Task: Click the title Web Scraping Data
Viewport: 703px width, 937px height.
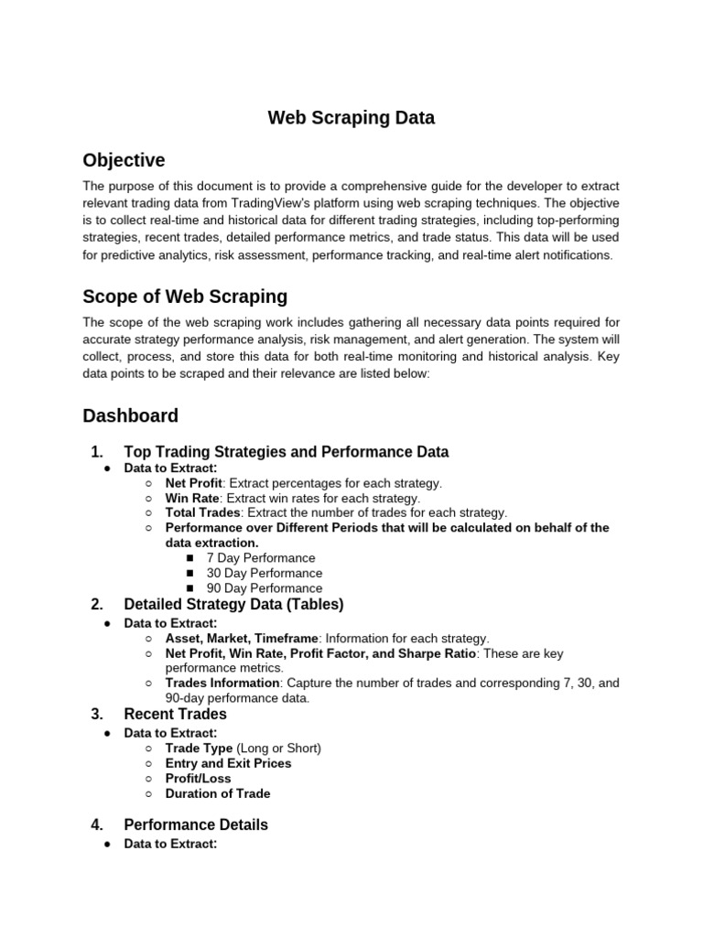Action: click(351, 118)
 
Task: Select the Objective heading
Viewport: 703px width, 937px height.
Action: click(124, 161)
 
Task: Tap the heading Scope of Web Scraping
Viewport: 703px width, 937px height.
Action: click(185, 296)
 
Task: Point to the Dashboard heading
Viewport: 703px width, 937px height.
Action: click(130, 416)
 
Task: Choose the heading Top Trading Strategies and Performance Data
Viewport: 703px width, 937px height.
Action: click(286, 452)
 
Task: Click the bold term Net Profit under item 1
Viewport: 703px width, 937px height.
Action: click(193, 483)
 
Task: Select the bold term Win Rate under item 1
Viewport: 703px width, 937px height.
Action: click(192, 498)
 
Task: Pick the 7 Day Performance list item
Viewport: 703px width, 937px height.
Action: click(260, 558)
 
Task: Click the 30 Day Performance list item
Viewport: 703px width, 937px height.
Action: click(264, 573)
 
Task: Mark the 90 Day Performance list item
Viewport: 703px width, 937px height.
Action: click(264, 588)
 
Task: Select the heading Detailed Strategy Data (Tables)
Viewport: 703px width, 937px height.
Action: click(233, 604)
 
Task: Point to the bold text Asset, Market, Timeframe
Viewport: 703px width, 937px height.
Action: click(242, 639)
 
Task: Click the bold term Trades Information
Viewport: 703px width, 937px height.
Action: click(222, 683)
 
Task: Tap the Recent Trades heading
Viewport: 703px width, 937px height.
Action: click(175, 714)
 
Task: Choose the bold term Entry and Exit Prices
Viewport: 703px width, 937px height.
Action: click(228, 763)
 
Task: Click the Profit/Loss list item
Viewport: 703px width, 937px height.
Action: click(198, 779)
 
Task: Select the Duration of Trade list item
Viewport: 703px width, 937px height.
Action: click(218, 793)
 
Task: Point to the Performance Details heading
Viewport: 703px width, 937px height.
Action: click(196, 824)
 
